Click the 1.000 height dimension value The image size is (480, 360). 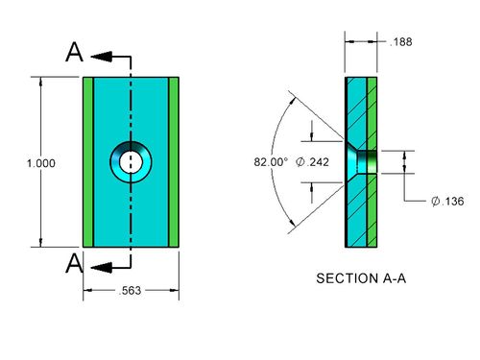[41, 163]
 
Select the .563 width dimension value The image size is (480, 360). [130, 291]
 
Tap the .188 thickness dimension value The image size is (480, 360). [400, 42]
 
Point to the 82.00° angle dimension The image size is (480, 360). [271, 162]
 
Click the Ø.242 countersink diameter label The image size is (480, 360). [312, 162]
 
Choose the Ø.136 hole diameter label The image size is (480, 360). [447, 202]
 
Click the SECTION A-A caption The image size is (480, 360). [361, 278]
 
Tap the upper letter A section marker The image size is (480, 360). [75, 52]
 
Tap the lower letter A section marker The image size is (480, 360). [75, 263]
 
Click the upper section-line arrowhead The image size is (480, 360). [102, 57]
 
